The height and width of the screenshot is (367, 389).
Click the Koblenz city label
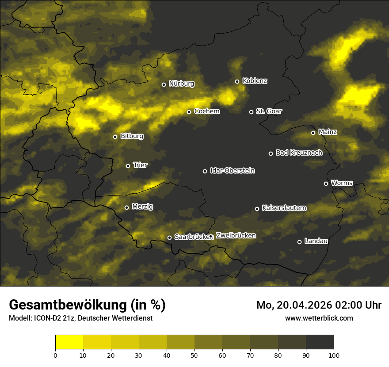tap(255, 81)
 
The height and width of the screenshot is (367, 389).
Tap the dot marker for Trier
tap(128, 166)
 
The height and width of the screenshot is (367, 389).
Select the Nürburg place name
tap(181, 84)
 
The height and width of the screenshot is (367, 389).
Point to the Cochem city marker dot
tap(189, 112)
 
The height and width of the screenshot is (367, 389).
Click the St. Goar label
tap(269, 111)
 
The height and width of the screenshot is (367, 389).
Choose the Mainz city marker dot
tap(313, 133)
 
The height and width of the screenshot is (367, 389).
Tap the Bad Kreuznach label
tap(299, 153)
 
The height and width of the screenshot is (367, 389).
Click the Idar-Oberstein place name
tap(232, 170)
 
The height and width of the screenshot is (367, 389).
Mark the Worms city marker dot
tap(326, 183)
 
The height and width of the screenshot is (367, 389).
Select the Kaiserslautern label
tap(284, 208)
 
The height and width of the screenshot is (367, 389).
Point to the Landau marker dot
tap(299, 242)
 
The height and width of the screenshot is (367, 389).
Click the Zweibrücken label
tap(236, 235)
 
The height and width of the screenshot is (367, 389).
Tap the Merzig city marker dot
tap(126, 207)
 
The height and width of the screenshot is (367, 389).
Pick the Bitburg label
tap(132, 136)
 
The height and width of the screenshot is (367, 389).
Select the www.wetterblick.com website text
tap(319, 318)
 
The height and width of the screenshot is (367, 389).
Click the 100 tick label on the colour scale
tap(333, 355)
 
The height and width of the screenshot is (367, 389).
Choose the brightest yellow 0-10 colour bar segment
tap(69, 342)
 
